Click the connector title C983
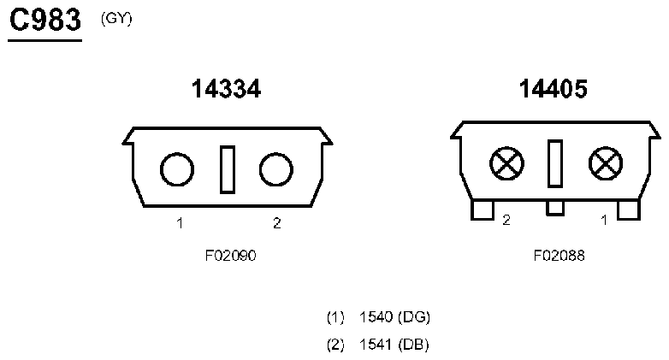pos(45,20)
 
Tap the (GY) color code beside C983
pos(116,19)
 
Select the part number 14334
pos(226,89)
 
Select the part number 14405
pos(553,89)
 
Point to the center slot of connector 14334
pos(228,170)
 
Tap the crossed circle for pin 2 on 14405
pos(506,164)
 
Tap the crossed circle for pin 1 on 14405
pos(606,164)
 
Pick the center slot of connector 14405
pos(555,163)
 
